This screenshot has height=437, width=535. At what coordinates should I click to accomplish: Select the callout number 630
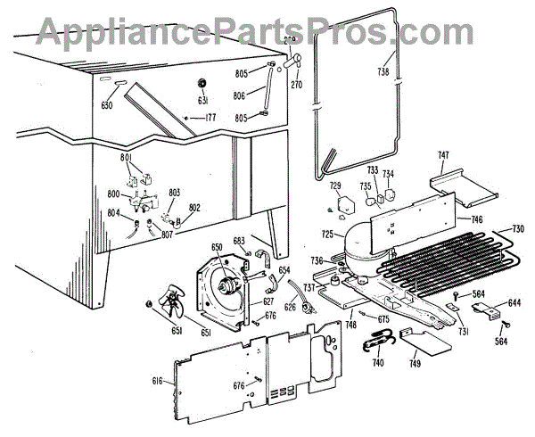(108, 105)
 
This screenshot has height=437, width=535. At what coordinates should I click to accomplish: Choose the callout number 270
(297, 86)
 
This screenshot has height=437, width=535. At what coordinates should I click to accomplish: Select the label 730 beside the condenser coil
(516, 229)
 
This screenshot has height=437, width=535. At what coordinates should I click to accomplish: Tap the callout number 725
(327, 235)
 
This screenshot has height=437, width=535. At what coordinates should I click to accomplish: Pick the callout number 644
(514, 304)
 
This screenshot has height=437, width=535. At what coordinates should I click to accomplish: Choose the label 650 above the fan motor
(217, 247)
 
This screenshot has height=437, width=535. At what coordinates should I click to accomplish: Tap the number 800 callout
(114, 194)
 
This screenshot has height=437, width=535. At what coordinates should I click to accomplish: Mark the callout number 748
(352, 325)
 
